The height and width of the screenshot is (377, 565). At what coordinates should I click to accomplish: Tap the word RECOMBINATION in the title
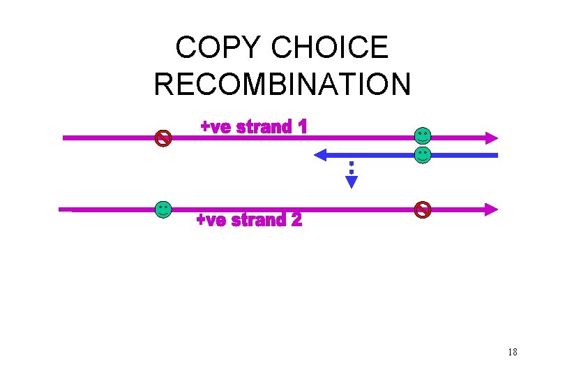[282, 84]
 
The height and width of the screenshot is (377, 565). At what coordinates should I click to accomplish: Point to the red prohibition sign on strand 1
[163, 138]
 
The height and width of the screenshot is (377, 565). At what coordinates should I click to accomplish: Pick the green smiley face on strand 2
[163, 209]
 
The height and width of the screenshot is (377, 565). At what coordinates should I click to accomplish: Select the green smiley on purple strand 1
[422, 135]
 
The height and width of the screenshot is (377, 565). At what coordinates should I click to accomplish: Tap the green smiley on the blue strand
[422, 154]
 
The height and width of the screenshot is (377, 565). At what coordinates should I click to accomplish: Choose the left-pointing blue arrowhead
[322, 154]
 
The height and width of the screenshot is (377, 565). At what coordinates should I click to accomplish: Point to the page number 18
[513, 352]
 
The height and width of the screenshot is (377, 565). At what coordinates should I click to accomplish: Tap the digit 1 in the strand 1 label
[301, 128]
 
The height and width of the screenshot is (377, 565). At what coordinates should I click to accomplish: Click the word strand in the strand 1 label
[263, 128]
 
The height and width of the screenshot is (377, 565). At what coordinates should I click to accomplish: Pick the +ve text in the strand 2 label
[211, 221]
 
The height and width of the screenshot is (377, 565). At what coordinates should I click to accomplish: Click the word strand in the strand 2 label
[258, 221]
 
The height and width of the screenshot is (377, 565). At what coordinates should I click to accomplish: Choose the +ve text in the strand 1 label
[216, 128]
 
